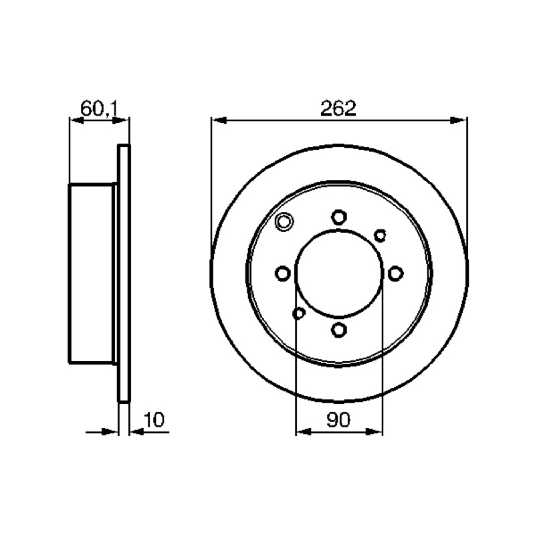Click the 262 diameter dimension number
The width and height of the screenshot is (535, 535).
(x=338, y=108)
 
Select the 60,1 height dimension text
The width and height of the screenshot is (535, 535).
(x=99, y=108)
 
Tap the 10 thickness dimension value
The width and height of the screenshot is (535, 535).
(x=154, y=420)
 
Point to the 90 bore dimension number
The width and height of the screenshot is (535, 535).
(x=338, y=420)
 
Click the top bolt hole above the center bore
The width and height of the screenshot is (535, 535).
(x=339, y=217)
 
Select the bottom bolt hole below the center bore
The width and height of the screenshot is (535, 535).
(x=339, y=330)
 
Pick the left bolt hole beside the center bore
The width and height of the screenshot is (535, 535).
(x=282, y=274)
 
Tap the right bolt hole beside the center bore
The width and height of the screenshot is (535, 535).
(x=395, y=274)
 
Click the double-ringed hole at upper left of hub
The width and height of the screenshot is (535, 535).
(x=284, y=222)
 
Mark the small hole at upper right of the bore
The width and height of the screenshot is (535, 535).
(x=380, y=235)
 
